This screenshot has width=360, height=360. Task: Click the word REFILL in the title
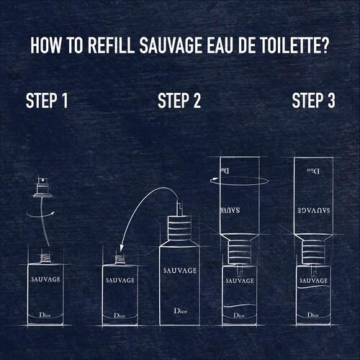(111, 45)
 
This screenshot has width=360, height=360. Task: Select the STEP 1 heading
(47, 101)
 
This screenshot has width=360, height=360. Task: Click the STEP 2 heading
(179, 101)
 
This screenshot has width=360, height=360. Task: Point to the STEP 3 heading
(313, 101)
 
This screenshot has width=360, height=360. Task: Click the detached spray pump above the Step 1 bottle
(42, 187)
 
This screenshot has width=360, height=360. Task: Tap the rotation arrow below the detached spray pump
(40, 213)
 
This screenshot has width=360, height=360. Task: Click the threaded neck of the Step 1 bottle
(45, 258)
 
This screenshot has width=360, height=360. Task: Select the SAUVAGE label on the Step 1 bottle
(45, 279)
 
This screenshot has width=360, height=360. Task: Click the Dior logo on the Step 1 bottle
(45, 315)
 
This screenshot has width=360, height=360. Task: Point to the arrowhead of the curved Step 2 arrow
(122, 247)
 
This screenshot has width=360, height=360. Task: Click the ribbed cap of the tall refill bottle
(179, 228)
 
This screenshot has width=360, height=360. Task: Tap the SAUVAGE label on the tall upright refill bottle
(180, 271)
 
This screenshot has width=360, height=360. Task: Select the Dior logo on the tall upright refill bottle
(181, 311)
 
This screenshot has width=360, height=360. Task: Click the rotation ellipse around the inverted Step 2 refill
(239, 185)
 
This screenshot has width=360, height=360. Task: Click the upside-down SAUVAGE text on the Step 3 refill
(314, 210)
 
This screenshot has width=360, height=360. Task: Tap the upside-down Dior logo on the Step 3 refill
(313, 171)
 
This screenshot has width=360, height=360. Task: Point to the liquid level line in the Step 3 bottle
(313, 287)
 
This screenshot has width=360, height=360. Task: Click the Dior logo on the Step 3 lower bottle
(313, 315)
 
